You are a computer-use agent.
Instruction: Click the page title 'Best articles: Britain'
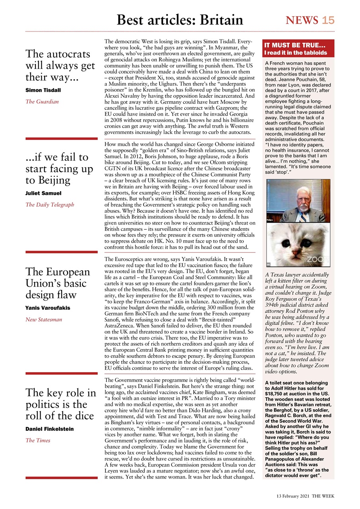180,19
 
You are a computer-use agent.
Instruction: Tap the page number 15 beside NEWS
328,20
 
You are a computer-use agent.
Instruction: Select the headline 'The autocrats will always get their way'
60,65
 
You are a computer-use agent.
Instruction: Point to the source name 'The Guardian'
42,102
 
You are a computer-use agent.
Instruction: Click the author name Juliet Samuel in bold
43,193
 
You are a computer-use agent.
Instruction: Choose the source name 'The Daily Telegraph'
49,205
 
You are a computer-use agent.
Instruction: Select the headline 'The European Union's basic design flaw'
58,283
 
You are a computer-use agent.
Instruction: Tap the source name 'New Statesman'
44,319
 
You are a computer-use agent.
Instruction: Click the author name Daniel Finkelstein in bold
49,429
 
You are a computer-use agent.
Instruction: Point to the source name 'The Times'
38,440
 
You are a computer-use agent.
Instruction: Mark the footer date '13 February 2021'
293,497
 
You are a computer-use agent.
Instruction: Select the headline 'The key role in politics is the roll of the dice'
61,404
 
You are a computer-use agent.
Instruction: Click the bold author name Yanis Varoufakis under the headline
48,308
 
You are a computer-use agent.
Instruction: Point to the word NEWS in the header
302,20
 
